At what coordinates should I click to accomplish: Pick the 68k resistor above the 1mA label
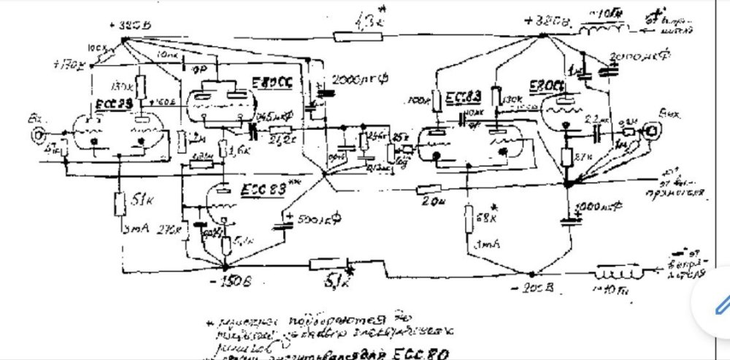(468, 218)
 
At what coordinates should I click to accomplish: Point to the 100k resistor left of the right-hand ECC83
(435, 99)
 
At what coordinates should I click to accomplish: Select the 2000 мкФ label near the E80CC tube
(354, 78)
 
